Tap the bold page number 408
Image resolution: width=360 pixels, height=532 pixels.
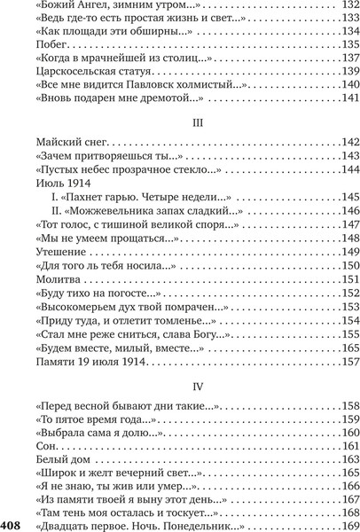click(x=12, y=526)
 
